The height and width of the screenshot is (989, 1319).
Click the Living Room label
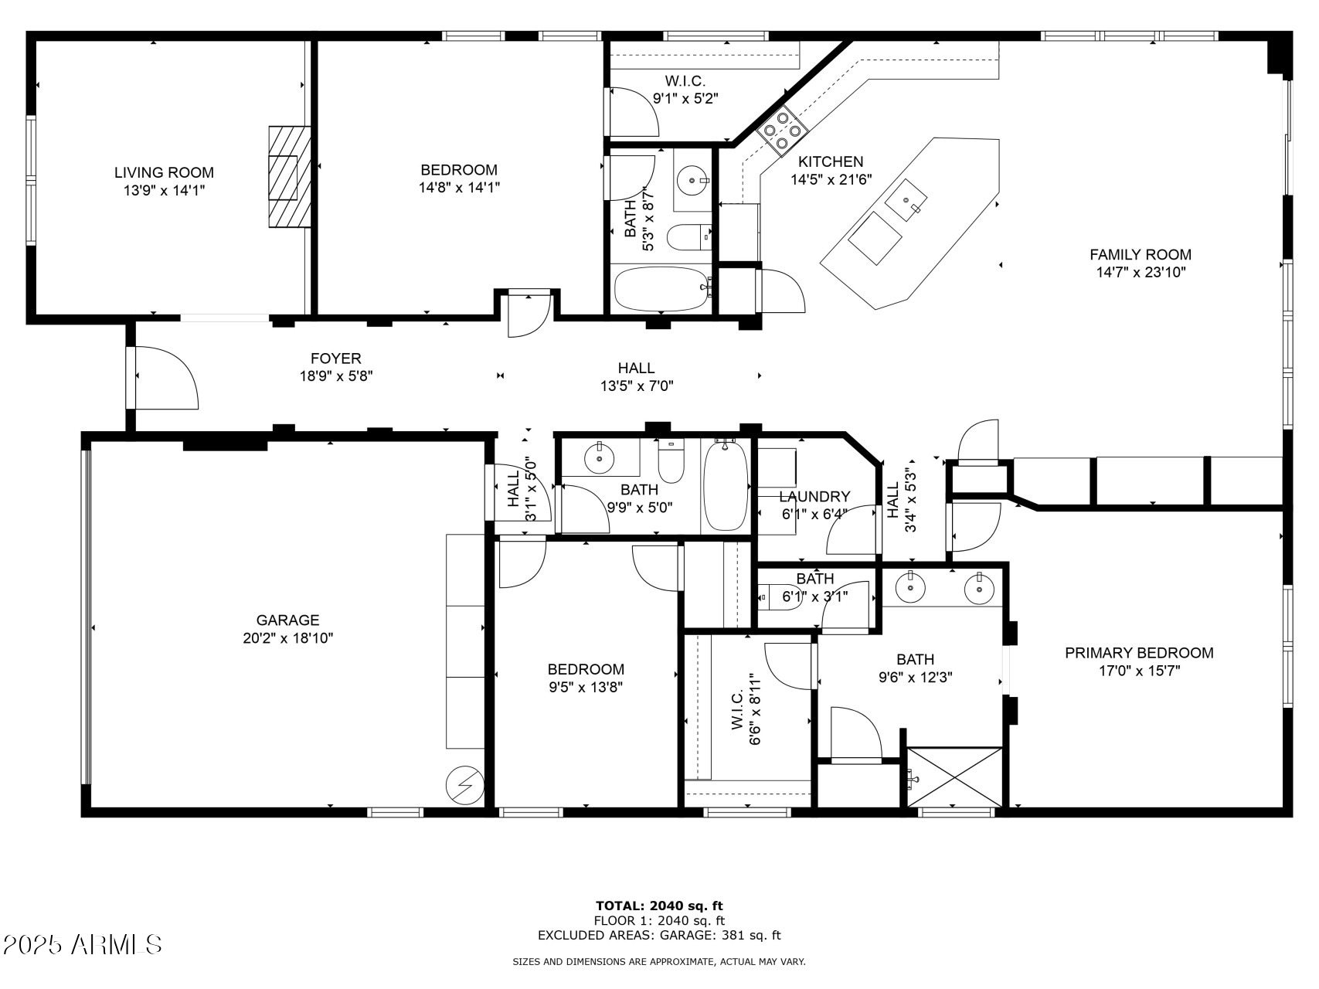point(164,173)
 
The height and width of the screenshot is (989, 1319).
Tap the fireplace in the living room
point(289,177)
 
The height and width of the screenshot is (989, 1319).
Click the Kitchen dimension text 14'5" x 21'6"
point(831,179)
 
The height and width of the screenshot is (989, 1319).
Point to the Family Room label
point(1141,254)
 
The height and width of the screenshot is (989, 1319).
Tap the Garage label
point(287,620)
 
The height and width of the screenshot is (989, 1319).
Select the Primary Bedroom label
point(1139,653)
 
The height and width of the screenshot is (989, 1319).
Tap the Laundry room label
point(814,497)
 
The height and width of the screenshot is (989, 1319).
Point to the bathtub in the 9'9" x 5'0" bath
point(726,485)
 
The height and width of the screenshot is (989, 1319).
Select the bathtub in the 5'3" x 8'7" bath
point(662,290)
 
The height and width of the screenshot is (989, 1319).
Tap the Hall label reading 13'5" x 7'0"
point(637,377)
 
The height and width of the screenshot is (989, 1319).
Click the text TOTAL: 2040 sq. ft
point(659,906)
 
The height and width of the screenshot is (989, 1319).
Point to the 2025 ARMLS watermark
point(82,944)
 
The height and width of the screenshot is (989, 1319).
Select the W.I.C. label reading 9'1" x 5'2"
point(685,90)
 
